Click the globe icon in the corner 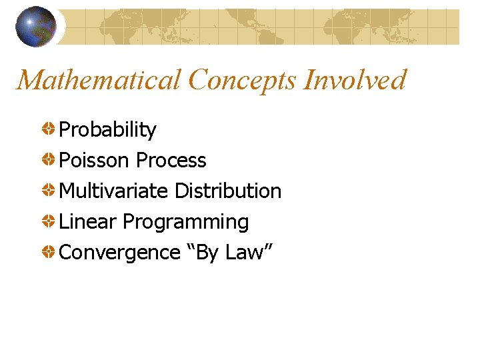pyautogui.click(x=35, y=26)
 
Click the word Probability pyautogui.click(x=107, y=130)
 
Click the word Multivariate pyautogui.click(x=113, y=191)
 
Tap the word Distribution pyautogui.click(x=227, y=191)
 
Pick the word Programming pyautogui.click(x=185, y=222)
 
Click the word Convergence pyautogui.click(x=119, y=253)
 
